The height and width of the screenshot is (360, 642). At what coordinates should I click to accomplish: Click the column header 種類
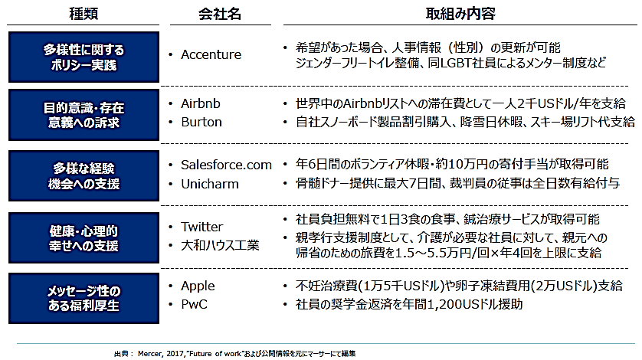click(83, 14)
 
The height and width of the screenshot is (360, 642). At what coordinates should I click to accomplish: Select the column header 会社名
click(220, 14)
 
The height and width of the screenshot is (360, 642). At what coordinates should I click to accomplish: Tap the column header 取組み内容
click(460, 14)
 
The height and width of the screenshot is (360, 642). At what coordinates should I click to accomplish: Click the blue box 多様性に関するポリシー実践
click(84, 57)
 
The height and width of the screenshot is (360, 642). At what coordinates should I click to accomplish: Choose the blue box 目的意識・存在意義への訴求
click(84, 115)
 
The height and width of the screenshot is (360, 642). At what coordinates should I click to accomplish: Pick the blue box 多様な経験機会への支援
click(84, 175)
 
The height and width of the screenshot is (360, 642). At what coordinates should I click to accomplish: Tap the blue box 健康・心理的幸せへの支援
click(84, 238)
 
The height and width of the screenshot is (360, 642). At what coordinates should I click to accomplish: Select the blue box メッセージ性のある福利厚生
click(84, 298)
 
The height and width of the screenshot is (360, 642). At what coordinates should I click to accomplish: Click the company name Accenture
click(211, 54)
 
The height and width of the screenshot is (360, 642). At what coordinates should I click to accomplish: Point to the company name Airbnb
click(201, 103)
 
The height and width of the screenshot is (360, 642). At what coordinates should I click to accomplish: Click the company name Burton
click(201, 122)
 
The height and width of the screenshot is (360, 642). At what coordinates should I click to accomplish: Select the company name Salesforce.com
click(227, 165)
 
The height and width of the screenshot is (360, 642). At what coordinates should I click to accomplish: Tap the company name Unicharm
click(210, 184)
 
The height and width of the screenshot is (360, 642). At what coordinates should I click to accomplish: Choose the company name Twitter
click(201, 227)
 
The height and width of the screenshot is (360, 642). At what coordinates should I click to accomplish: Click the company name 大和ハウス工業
click(221, 245)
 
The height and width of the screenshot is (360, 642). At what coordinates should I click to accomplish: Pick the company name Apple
click(198, 286)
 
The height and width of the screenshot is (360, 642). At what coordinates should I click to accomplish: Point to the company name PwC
click(194, 304)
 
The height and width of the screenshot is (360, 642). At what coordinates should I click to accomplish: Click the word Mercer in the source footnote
click(150, 353)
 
